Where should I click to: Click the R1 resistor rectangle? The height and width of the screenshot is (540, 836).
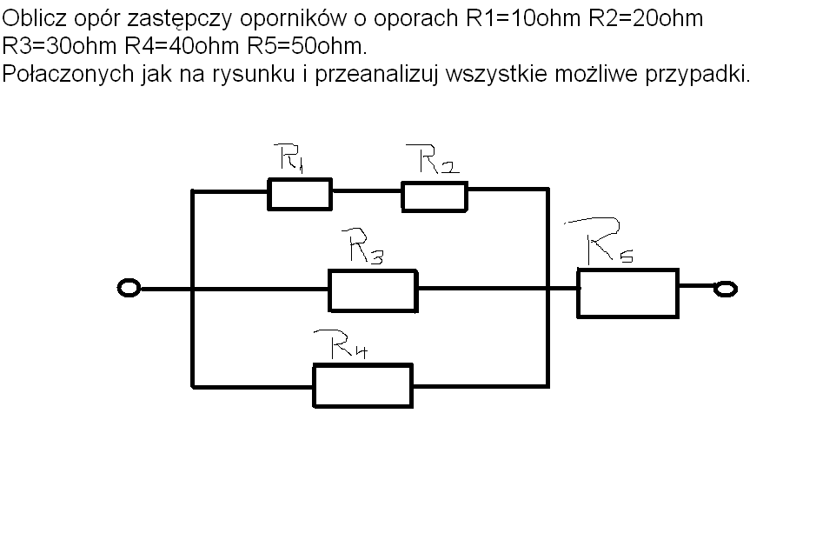299,195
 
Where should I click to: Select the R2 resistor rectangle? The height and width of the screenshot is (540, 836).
434,197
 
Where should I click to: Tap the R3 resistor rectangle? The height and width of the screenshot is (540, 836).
373,290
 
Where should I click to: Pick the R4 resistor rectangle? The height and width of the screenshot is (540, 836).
362,386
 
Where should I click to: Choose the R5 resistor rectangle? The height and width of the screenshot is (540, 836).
627,293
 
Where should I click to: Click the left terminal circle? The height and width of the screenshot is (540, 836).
128,289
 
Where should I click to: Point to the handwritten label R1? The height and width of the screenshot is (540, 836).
290,158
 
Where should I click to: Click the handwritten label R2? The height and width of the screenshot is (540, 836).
438,160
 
